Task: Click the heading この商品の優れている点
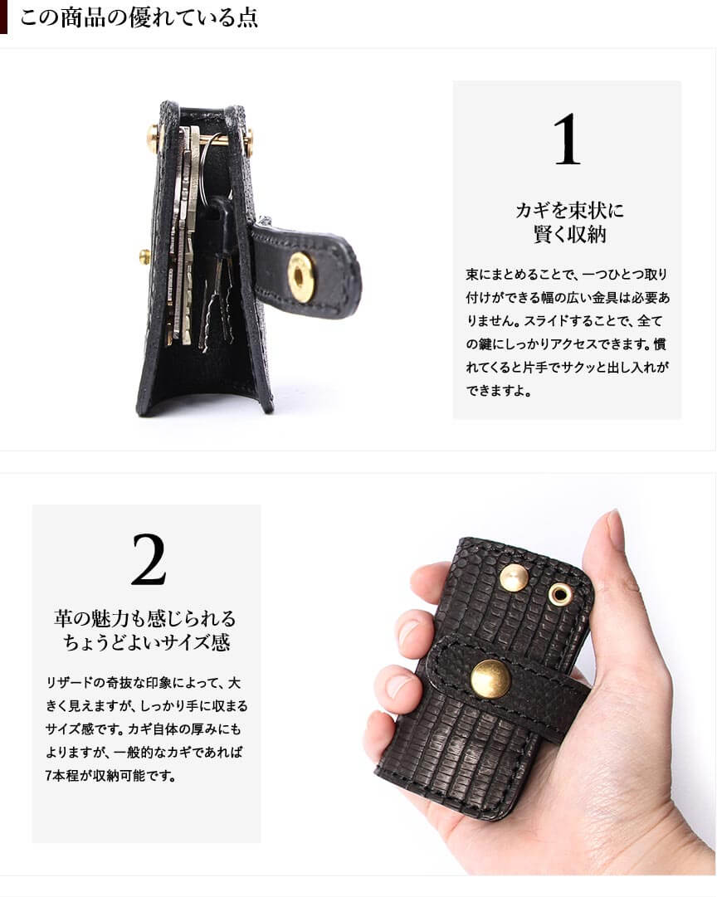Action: pyautogui.click(x=139, y=17)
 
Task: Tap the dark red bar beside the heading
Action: pyautogui.click(x=3, y=17)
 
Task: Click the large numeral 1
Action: pyautogui.click(x=567, y=139)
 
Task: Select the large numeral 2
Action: pyautogui.click(x=149, y=559)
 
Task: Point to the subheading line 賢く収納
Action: pyautogui.click(x=569, y=234)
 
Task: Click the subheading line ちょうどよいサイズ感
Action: pyautogui.click(x=147, y=642)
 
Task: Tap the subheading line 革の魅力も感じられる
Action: pyautogui.click(x=145, y=618)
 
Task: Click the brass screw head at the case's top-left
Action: pyautogui.click(x=154, y=139)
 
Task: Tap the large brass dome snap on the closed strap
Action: pyautogui.click(x=490, y=679)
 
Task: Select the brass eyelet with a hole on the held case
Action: pyautogui.click(x=559, y=594)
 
